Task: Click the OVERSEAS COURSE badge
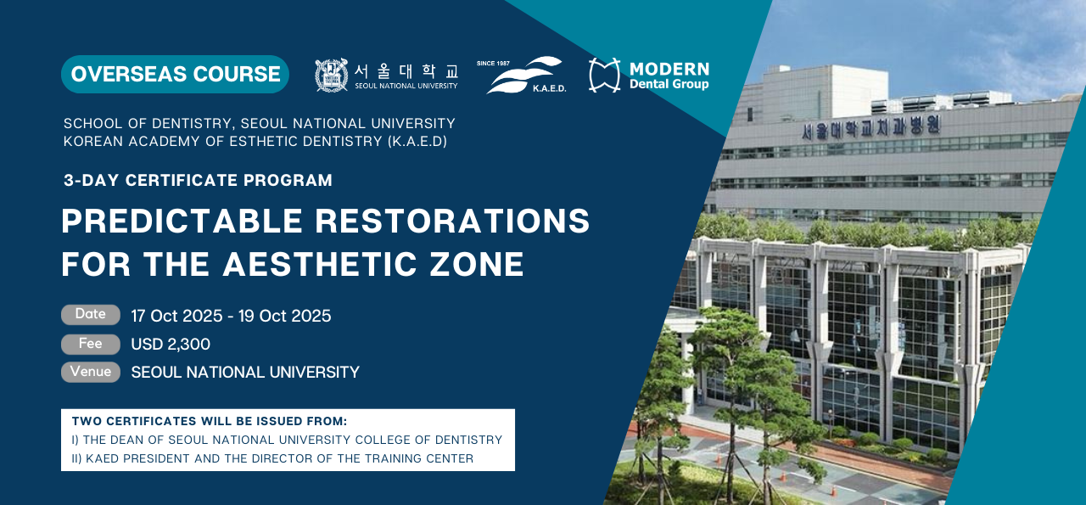coord(175,74)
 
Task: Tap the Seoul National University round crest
coord(331,76)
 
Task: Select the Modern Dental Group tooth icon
coord(604,75)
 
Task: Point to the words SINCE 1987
coord(493,63)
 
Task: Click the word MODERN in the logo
coord(669,69)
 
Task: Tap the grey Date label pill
coord(91,314)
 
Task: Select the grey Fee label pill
coord(91,344)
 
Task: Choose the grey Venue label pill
coord(91,372)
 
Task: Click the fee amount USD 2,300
coord(171,344)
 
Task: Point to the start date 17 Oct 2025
coord(176,316)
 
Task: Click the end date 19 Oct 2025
coord(284,316)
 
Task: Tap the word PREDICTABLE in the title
coord(182,221)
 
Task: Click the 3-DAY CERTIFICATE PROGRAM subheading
coord(198,180)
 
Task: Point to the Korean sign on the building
coord(871,128)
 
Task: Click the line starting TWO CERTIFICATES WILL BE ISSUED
coord(210,421)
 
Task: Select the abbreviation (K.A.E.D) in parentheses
coord(417,141)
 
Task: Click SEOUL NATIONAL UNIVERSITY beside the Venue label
coord(245,372)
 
